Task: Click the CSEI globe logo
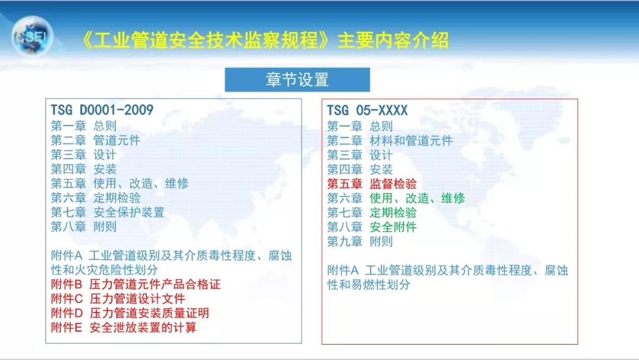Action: tap(33, 37)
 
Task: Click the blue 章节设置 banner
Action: tap(297, 80)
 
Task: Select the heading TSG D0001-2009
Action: tap(102, 111)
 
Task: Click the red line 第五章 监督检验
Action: tap(372, 184)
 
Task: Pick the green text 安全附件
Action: tap(393, 227)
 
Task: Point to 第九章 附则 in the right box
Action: tap(360, 242)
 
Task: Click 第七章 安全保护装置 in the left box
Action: tap(107, 212)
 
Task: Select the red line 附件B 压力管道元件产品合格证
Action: tap(135, 284)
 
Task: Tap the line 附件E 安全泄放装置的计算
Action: tap(124, 327)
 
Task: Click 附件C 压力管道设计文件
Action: tap(118, 298)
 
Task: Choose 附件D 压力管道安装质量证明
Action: tap(130, 313)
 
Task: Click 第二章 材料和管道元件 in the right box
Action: tap(389, 140)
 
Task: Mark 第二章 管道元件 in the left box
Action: tap(95, 140)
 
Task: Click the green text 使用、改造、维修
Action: tap(417, 198)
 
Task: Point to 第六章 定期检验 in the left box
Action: tap(95, 198)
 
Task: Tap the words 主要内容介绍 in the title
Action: tap(393, 40)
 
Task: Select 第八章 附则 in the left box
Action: tap(83, 227)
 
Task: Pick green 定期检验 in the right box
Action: tap(393, 213)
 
